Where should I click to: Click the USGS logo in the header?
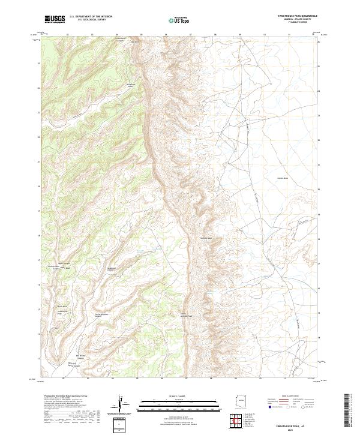click(x=55, y=20)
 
